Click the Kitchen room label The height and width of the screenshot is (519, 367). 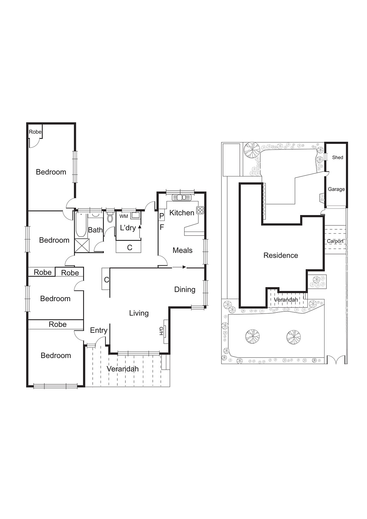182,213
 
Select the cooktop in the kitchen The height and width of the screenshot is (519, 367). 200,210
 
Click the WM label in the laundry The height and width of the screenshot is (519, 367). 124,216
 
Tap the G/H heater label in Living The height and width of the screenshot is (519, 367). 161,331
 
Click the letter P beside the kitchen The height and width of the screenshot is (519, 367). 161,216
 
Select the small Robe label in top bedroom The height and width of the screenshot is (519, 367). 35,132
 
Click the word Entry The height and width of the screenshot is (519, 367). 99,330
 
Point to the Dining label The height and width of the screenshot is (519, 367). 185,289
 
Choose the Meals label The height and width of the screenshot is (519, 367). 183,250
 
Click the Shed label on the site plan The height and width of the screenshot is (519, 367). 337,157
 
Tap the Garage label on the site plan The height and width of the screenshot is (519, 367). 336,189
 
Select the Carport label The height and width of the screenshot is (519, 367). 335,241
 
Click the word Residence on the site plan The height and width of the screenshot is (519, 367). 281,255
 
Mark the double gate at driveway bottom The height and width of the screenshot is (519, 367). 336,360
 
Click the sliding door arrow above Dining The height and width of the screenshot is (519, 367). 179,267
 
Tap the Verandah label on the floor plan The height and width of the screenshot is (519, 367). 123,369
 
